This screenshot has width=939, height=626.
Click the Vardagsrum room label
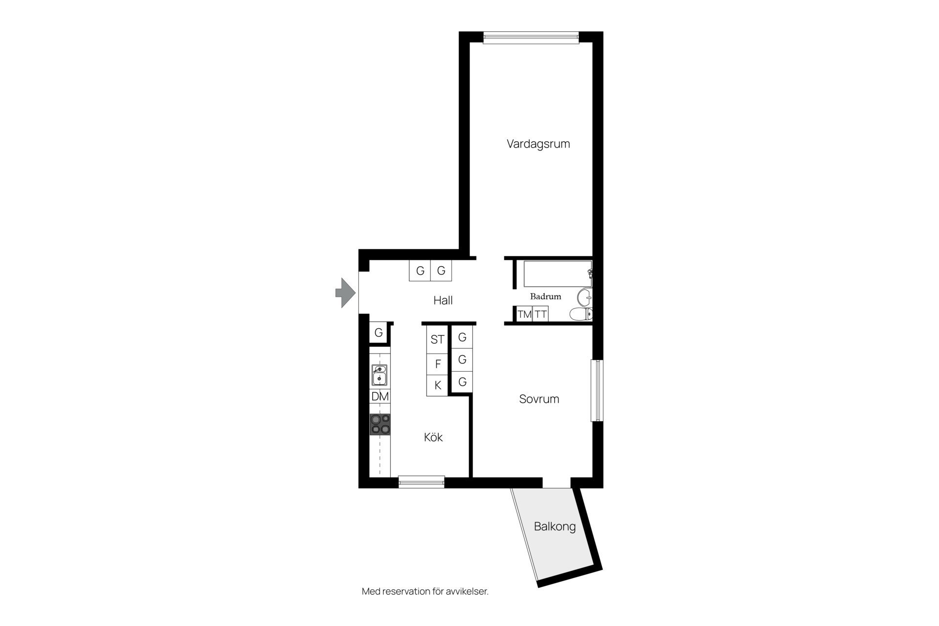pyautogui.click(x=538, y=144)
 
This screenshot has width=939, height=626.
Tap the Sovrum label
pyautogui.click(x=539, y=399)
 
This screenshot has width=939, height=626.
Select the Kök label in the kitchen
pyautogui.click(x=433, y=437)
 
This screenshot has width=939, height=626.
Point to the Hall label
pyautogui.click(x=443, y=300)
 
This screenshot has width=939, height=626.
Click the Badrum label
pyautogui.click(x=545, y=296)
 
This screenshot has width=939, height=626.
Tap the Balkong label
pyautogui.click(x=555, y=527)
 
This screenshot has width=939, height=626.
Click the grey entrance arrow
pyautogui.click(x=345, y=292)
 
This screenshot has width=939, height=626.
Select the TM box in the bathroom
pyautogui.click(x=525, y=314)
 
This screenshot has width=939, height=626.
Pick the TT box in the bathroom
pyautogui.click(x=540, y=314)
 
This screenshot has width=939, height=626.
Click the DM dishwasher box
pyautogui.click(x=380, y=397)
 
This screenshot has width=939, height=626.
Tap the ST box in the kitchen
pyautogui.click(x=437, y=339)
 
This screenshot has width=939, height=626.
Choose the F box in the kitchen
pyautogui.click(x=437, y=364)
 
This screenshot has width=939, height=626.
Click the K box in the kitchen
pyautogui.click(x=437, y=385)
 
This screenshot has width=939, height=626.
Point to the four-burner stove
pyautogui.click(x=380, y=425)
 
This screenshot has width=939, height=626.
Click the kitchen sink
pyautogui.click(x=380, y=375)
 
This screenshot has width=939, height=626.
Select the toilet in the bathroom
pyautogui.click(x=581, y=314)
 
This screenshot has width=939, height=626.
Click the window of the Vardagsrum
pyautogui.click(x=531, y=38)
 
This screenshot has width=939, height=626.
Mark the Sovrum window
pyautogui.click(x=597, y=390)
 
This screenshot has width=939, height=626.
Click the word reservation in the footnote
pyautogui.click(x=405, y=592)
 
